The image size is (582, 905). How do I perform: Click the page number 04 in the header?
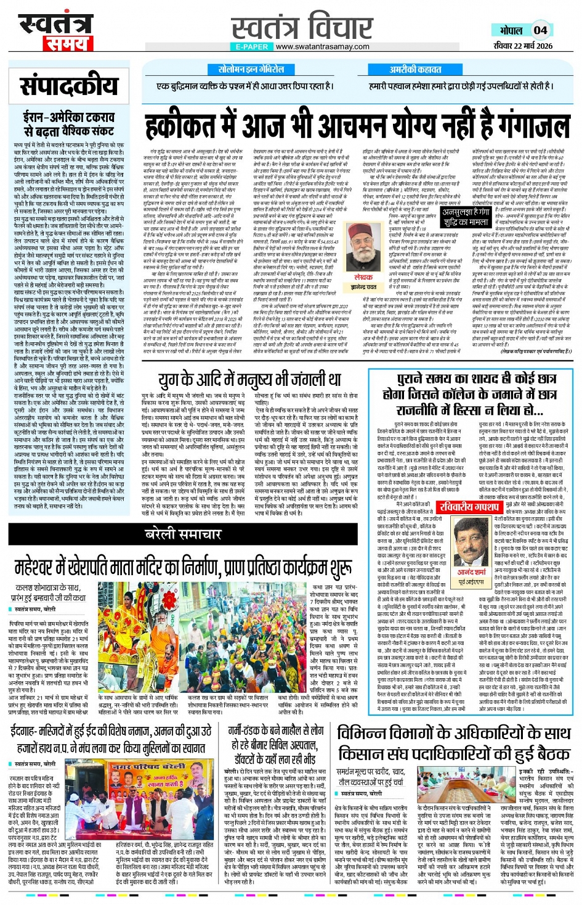pyautogui.click(x=540, y=30)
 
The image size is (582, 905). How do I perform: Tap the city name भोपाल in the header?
pyautogui.click(x=511, y=30)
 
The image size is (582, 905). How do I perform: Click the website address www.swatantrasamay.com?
pyautogui.click(x=322, y=46)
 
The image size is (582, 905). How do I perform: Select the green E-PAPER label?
pyautogui.click(x=251, y=46)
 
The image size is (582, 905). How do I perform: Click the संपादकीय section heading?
pyautogui.click(x=68, y=87)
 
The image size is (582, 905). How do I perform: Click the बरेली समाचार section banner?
pyautogui.click(x=183, y=534)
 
